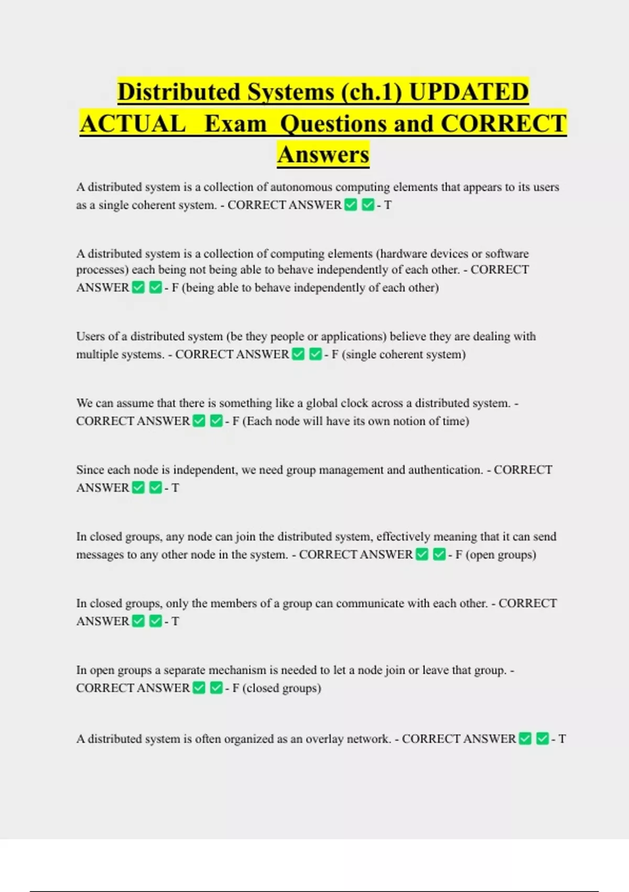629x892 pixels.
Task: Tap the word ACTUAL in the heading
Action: pos(133,124)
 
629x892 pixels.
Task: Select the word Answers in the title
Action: pos(323,154)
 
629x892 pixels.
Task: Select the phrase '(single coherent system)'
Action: pos(404,355)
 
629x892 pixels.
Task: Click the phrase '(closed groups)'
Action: pos(281,688)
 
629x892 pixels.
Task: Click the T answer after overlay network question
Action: pos(562,739)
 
